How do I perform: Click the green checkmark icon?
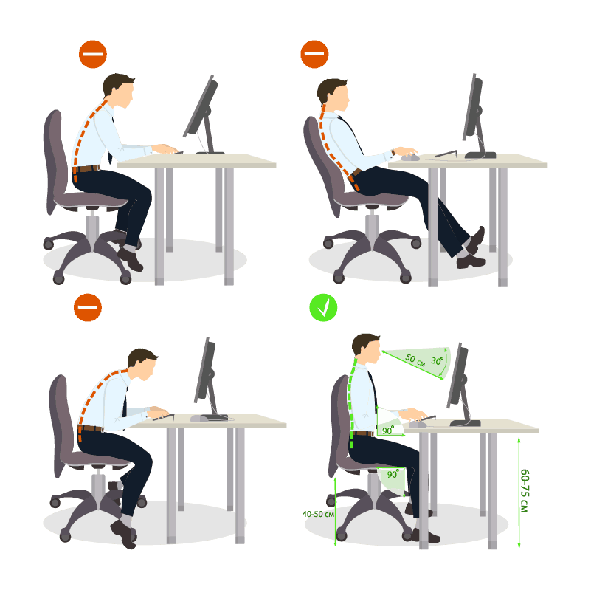click(x=323, y=308)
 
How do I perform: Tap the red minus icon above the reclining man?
click(x=314, y=54)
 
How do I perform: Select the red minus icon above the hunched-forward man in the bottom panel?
click(x=87, y=307)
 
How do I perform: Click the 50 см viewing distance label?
click(x=415, y=360)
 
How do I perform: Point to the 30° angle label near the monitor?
click(x=438, y=362)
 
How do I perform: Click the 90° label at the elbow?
click(x=387, y=430)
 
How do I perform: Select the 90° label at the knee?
click(x=392, y=473)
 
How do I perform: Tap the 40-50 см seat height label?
click(x=318, y=513)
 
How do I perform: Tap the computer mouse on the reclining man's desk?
click(x=409, y=157)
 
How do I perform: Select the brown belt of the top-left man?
click(x=88, y=169)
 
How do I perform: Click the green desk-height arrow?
click(x=519, y=491)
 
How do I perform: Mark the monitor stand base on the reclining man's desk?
click(x=480, y=154)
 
